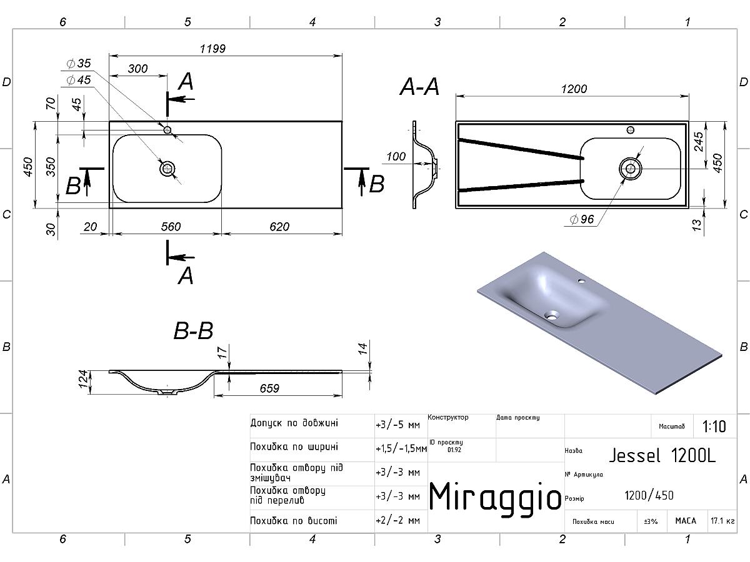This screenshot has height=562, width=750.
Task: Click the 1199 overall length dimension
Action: pyautogui.click(x=212, y=49)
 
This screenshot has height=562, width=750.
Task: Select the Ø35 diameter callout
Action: pyautogui.click(x=79, y=63)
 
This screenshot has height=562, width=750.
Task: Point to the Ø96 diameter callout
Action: pyautogui.click(x=582, y=219)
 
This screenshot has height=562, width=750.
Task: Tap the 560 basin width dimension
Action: pyautogui.click(x=171, y=227)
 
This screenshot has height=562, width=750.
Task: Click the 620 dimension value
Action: pyautogui.click(x=279, y=227)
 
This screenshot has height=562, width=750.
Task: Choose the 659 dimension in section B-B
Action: pyautogui.click(x=269, y=388)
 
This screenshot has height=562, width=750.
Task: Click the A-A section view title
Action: pyautogui.click(x=419, y=87)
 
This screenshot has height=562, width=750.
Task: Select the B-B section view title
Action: pyautogui.click(x=193, y=330)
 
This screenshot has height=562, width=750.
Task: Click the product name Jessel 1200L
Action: pyautogui.click(x=662, y=455)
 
